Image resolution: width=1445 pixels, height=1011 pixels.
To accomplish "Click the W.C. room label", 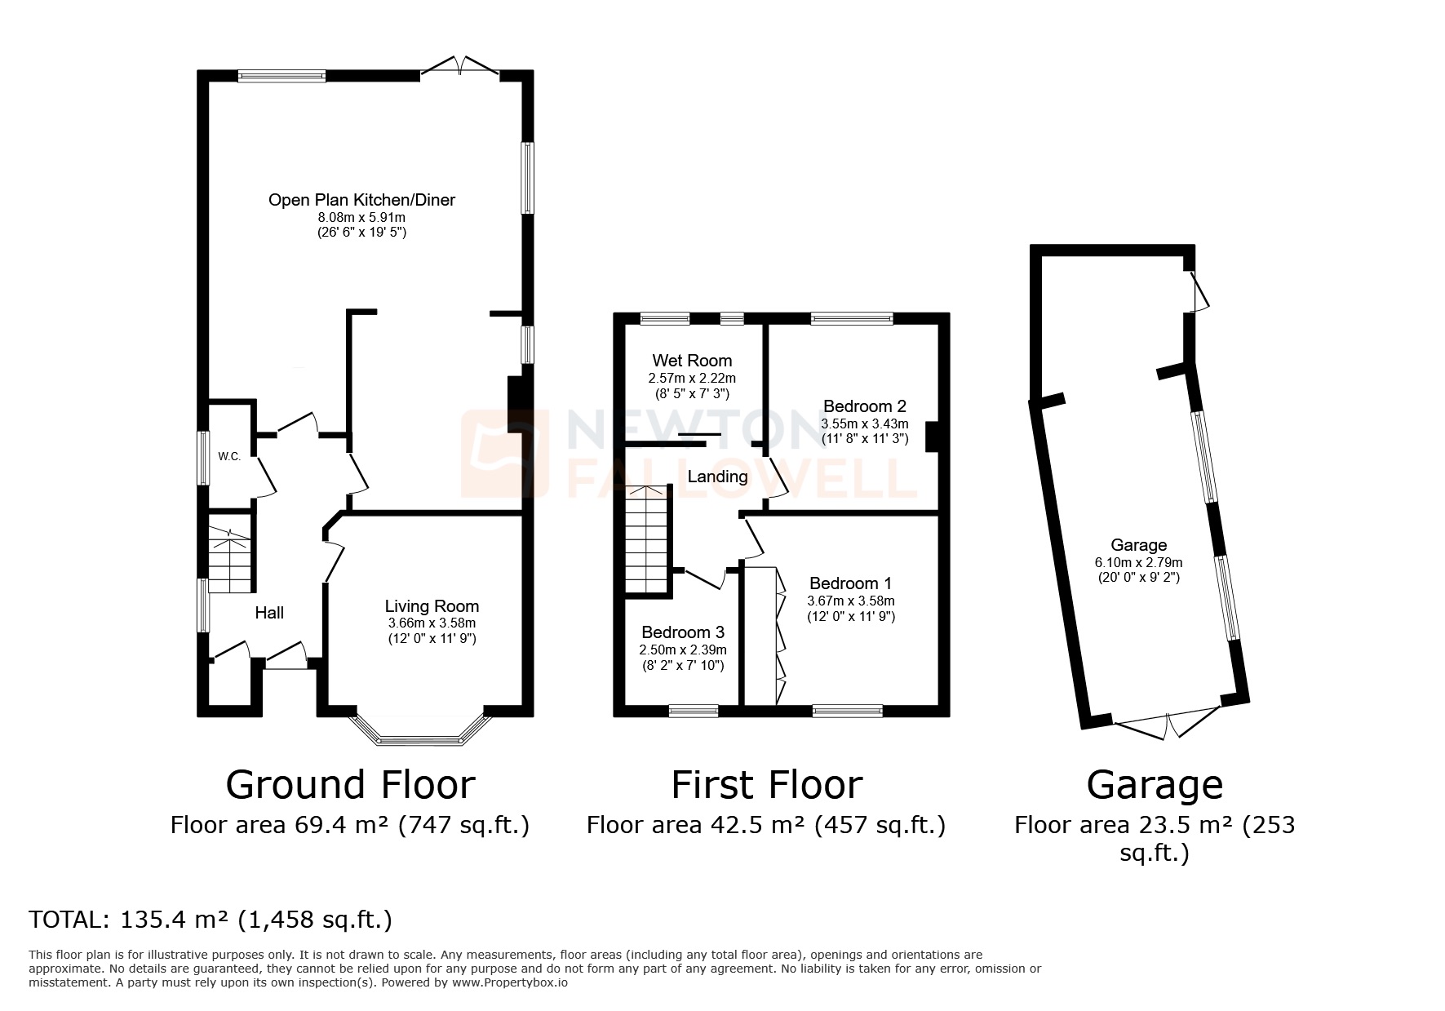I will pyautogui.click(x=229, y=456).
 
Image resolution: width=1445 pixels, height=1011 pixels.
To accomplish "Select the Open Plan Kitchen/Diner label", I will pyautogui.click(x=361, y=200).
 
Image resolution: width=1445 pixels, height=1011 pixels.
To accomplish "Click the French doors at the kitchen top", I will pyautogui.click(x=460, y=68).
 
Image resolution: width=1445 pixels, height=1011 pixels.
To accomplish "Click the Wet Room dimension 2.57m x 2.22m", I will pyautogui.click(x=692, y=379).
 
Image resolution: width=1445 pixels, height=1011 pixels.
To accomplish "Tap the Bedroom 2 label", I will pyautogui.click(x=865, y=406).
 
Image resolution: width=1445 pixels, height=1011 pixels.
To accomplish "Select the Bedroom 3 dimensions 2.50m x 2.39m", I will pyautogui.click(x=682, y=650).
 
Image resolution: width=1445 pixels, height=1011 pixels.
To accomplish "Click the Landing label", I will pyautogui.click(x=717, y=477).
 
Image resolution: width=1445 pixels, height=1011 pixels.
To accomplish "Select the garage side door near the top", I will pyautogui.click(x=1198, y=292).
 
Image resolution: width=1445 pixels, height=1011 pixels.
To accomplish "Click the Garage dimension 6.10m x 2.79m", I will pyautogui.click(x=1138, y=562).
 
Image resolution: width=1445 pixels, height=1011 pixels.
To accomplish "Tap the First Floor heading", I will pyautogui.click(x=766, y=785).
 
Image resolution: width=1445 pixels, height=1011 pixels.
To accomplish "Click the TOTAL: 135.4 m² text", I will pyautogui.click(x=211, y=920).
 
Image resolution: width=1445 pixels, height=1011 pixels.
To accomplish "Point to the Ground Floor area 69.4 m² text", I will pyautogui.click(x=350, y=825).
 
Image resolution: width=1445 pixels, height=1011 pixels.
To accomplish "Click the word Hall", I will pyautogui.click(x=269, y=613).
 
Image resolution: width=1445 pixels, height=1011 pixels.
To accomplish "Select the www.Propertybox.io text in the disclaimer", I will pyautogui.click(x=509, y=983).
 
